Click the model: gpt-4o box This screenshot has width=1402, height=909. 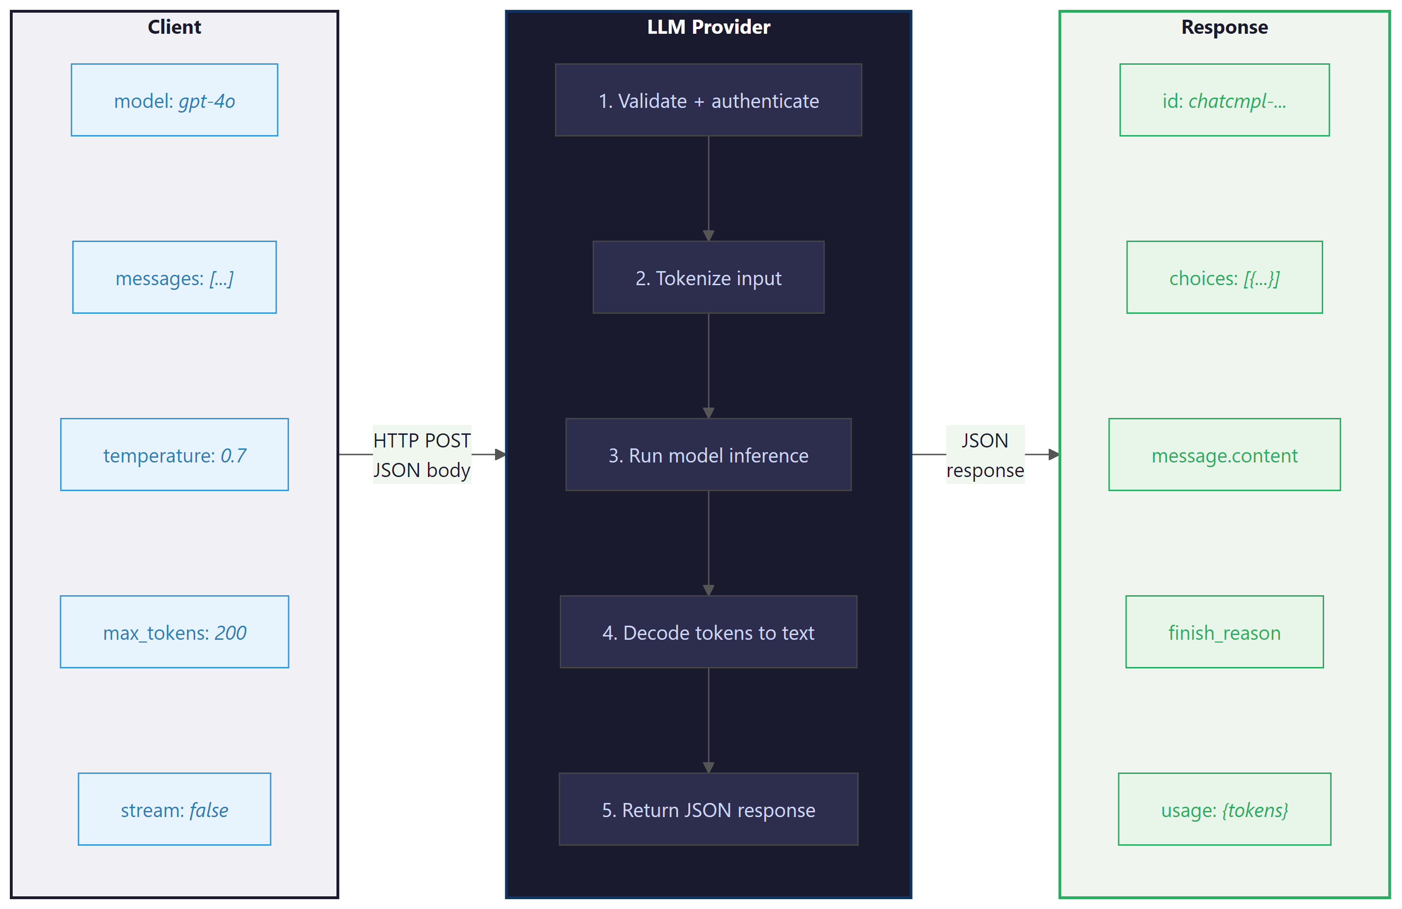tap(175, 100)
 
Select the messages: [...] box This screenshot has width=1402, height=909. tap(175, 277)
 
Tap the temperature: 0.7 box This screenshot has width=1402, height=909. tap(175, 454)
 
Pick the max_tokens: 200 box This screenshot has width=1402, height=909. tap(175, 632)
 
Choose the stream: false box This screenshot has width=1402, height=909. tap(175, 809)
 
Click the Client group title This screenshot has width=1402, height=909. tap(175, 27)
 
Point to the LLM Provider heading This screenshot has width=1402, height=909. tap(708, 27)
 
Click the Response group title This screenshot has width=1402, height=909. tap(1224, 27)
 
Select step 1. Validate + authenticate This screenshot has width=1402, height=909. tap(708, 100)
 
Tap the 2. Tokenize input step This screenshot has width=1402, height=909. tap(708, 277)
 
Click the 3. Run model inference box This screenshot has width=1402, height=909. tap(708, 454)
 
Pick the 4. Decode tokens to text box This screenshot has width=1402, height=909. tap(708, 632)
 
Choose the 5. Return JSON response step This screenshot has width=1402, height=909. tap(708, 809)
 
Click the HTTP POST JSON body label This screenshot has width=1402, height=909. tap(422, 454)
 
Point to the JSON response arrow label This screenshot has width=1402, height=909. tap(985, 454)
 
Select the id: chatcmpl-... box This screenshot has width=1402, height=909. tap(1224, 100)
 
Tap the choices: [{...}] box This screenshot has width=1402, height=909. tap(1224, 277)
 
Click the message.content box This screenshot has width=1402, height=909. tap(1224, 454)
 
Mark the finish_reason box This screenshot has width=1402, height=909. tap(1224, 632)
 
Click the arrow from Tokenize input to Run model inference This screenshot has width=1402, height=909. tap(708, 365)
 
